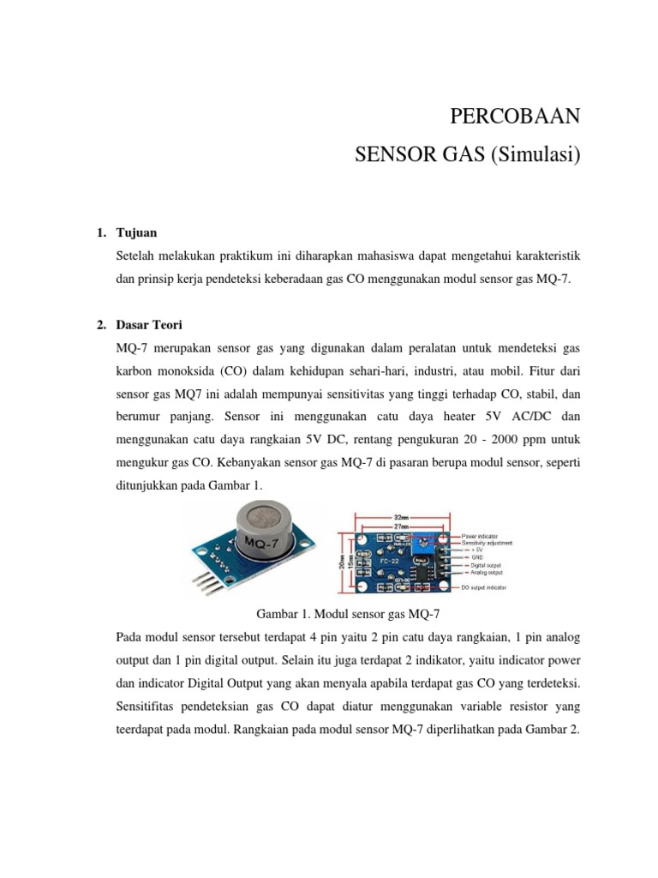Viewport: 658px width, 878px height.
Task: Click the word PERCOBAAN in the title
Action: click(x=516, y=117)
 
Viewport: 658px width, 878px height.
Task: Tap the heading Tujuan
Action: click(x=135, y=233)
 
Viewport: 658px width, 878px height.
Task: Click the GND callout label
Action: click(x=477, y=557)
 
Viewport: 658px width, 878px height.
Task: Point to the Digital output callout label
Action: click(x=484, y=565)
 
